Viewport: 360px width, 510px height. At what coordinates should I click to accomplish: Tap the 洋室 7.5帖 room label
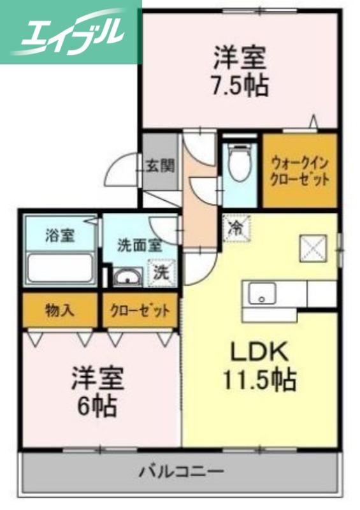(x=240, y=71)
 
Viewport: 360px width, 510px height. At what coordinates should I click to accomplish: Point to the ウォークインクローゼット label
(x=299, y=171)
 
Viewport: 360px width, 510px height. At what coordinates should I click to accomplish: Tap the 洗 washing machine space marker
(x=162, y=273)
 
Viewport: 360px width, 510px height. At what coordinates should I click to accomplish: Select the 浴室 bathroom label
(x=60, y=235)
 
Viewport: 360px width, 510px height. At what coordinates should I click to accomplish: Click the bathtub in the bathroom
(x=61, y=268)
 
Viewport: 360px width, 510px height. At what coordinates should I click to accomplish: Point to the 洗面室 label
(x=140, y=245)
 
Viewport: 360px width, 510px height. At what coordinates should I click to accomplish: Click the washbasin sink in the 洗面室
(x=127, y=277)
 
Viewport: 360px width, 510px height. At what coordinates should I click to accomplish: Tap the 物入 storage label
(x=60, y=310)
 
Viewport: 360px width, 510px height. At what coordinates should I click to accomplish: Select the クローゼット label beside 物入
(x=140, y=310)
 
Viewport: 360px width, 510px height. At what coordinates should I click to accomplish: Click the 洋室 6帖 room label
(x=97, y=392)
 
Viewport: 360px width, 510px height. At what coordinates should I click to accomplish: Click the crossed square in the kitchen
(x=312, y=248)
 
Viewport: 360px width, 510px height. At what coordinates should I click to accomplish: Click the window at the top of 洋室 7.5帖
(x=259, y=11)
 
